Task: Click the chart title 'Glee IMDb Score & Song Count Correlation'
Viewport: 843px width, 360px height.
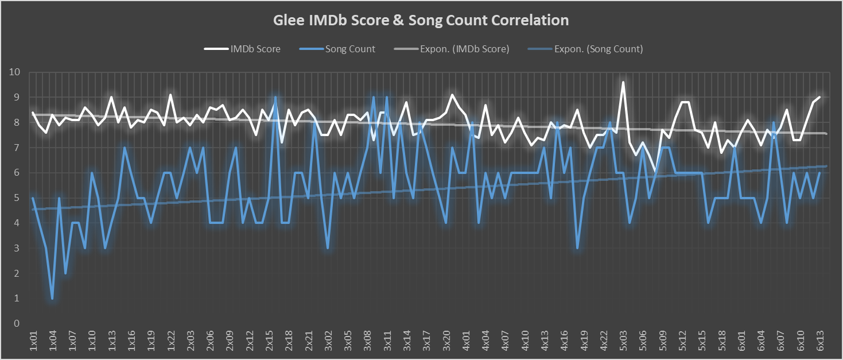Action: [x=421, y=21]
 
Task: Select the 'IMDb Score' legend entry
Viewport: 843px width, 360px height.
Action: [x=255, y=49]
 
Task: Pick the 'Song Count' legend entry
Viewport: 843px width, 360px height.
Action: [x=350, y=49]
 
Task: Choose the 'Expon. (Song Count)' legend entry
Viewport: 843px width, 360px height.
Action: [x=599, y=49]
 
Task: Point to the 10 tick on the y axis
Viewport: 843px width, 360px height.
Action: [x=14, y=72]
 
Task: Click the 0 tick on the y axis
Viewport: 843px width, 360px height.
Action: [x=17, y=323]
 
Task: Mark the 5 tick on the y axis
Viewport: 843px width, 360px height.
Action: [x=17, y=198]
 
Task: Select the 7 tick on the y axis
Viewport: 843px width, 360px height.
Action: [x=17, y=148]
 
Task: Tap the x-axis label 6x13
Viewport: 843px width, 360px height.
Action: [x=820, y=340]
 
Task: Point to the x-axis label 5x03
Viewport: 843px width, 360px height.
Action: [x=623, y=340]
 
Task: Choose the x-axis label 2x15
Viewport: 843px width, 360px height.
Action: [x=269, y=340]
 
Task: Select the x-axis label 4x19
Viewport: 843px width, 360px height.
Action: [x=584, y=340]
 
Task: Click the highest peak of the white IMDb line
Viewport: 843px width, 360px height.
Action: [x=623, y=82]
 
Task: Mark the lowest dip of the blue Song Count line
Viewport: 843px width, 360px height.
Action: [x=52, y=299]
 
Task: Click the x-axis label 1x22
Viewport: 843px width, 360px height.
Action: [x=170, y=340]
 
